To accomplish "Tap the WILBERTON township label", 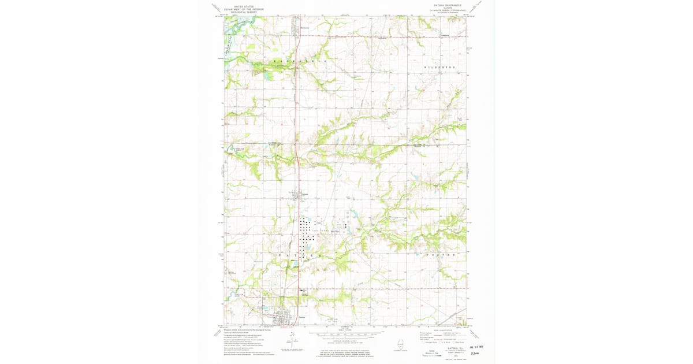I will tap(440, 68).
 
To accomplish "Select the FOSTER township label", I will tap(441, 255).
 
